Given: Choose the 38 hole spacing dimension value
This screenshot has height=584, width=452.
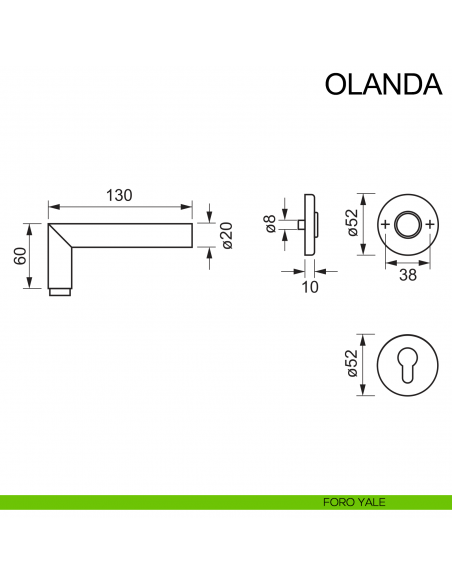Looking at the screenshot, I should click(407, 274).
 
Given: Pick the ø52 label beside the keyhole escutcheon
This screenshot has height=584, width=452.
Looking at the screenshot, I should click(352, 367).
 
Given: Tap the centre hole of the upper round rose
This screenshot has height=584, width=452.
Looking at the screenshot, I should click(407, 225).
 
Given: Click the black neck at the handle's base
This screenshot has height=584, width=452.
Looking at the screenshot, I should click(61, 292).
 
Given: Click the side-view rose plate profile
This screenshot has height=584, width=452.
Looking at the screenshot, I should click(312, 226).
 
